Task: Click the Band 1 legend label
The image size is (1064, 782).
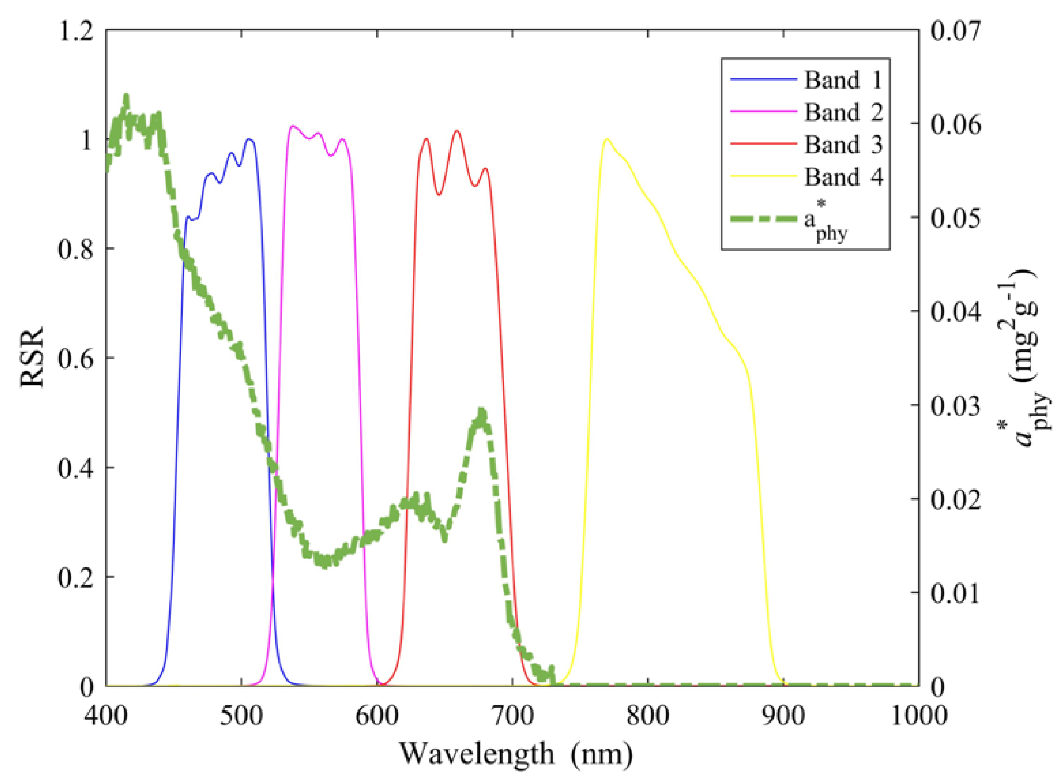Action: [x=843, y=80]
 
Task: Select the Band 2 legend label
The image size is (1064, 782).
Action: [x=843, y=112]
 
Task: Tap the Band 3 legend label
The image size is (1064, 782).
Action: [x=843, y=144]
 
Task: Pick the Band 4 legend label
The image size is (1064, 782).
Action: [x=843, y=176]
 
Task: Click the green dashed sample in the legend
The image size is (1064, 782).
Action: [x=763, y=218]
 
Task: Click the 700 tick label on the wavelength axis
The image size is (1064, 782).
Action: [x=513, y=716]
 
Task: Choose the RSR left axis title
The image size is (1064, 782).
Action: [x=32, y=358]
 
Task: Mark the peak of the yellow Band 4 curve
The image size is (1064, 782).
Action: [x=607, y=139]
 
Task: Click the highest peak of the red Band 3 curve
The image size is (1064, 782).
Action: [x=456, y=131]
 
